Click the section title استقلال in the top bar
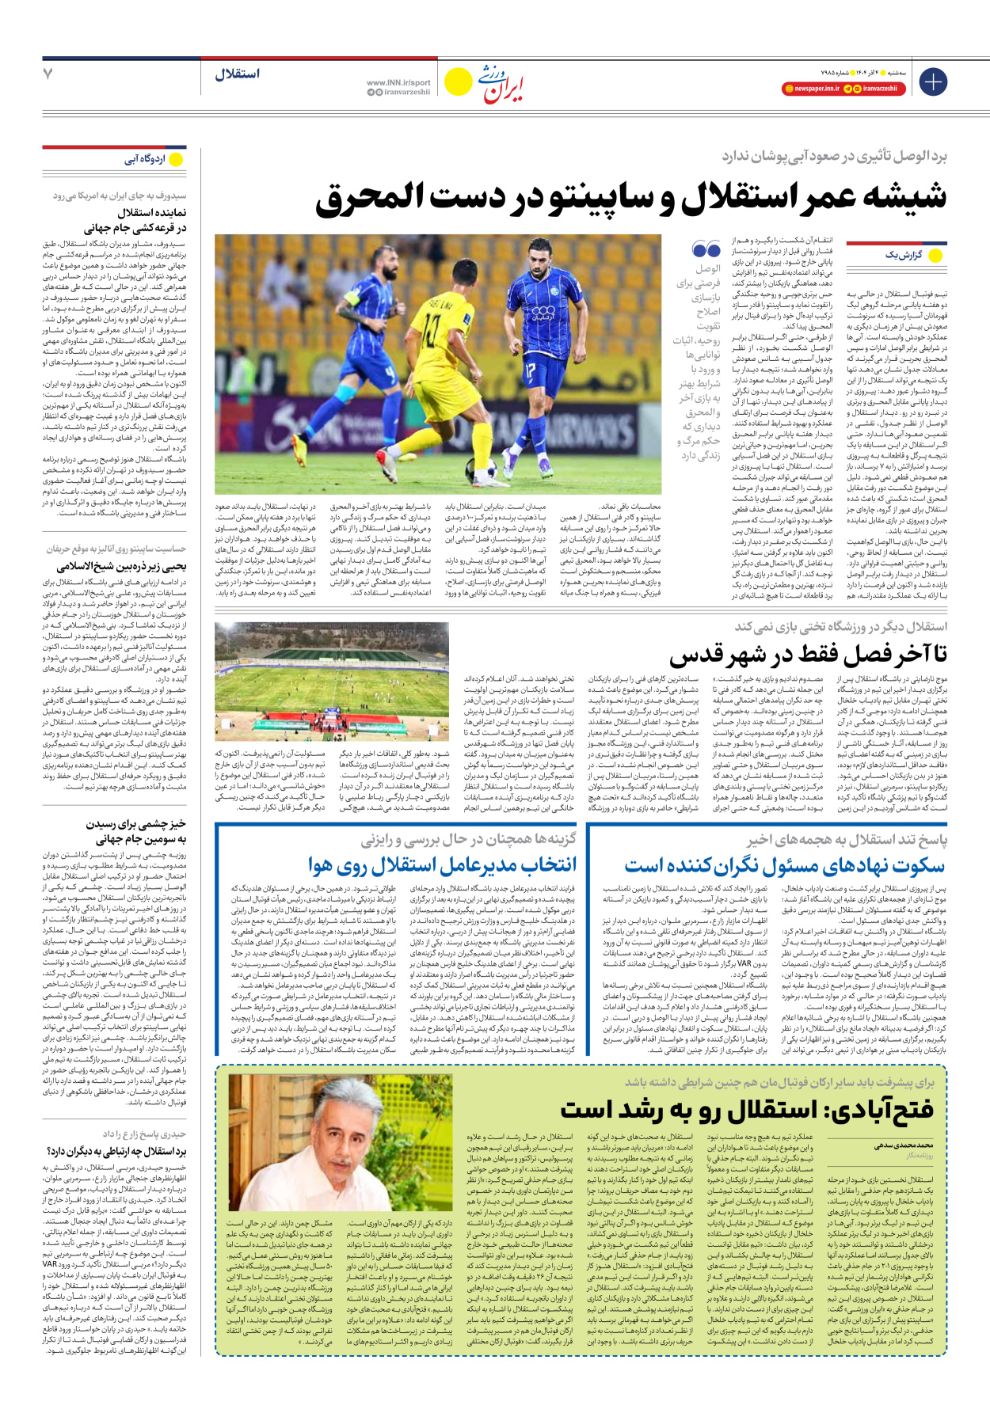pos(237,74)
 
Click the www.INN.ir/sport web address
pos(398,82)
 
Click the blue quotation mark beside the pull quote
pos(706,250)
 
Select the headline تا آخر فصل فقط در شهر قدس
pos(808,655)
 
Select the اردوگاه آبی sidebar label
pos(145,159)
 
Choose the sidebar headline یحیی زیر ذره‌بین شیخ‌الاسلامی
pos(122,566)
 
